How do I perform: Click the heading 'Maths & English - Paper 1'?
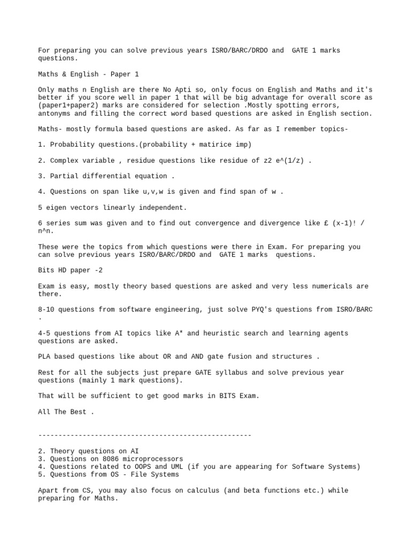click(88, 74)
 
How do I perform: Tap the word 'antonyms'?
click(54, 113)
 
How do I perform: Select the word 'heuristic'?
click(222, 333)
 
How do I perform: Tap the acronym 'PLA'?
click(44, 356)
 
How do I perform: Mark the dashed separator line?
click(144, 435)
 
